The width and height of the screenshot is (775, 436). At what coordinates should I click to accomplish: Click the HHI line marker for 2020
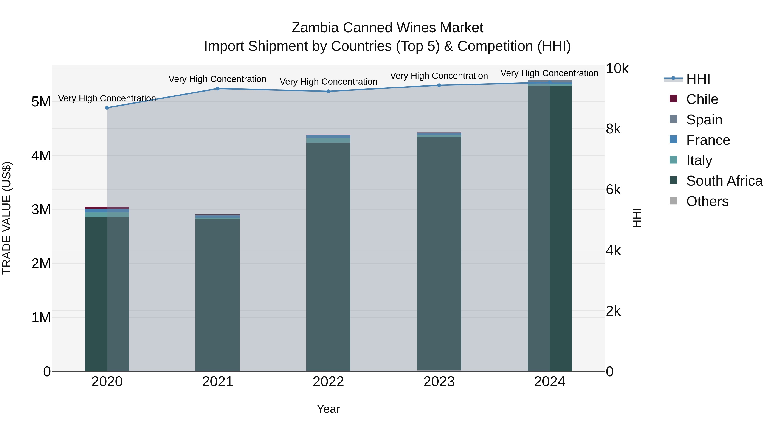tap(107, 108)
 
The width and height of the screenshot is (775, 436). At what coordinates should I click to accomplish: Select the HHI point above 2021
tap(218, 88)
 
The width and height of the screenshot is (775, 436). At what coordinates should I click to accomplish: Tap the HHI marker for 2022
tap(329, 91)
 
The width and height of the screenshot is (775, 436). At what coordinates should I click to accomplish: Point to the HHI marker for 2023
tap(439, 85)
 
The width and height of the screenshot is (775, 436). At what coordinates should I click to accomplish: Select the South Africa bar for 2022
tap(328, 256)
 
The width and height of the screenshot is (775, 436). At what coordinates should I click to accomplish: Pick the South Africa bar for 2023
tap(439, 253)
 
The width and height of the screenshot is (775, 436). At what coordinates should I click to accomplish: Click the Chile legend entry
tap(702, 99)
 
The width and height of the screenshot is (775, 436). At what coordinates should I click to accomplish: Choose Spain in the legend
tap(704, 120)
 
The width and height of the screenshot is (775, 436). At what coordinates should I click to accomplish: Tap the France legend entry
tap(708, 140)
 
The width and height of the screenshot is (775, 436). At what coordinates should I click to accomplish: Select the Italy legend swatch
tap(673, 160)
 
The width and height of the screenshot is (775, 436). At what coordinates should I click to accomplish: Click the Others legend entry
tap(707, 201)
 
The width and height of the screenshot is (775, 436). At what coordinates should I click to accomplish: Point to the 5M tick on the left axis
tap(41, 102)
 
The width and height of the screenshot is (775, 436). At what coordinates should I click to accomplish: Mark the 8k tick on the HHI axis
tap(613, 129)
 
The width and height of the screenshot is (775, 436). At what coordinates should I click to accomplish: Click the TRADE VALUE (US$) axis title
tap(7, 218)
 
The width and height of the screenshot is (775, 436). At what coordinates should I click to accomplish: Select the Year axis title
tap(328, 409)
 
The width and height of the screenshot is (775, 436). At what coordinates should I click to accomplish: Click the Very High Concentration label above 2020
tap(107, 98)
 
